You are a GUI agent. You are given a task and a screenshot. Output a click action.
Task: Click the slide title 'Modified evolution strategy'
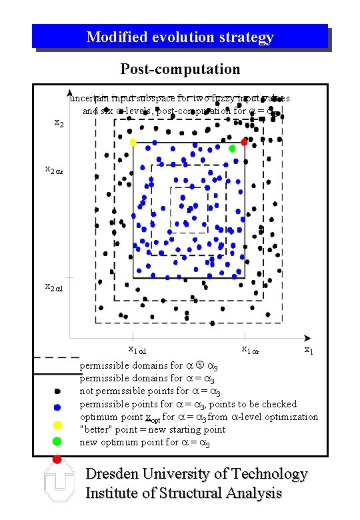180,37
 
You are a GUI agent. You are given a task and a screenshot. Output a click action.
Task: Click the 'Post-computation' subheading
180,69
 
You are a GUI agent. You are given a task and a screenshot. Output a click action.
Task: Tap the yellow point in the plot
133,142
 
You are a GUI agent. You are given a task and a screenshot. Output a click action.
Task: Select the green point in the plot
232,148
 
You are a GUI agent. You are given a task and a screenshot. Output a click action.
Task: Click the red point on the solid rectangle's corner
244,142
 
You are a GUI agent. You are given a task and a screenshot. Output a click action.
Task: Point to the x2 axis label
59,123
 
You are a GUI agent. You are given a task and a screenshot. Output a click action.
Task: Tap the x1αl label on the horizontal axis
137,349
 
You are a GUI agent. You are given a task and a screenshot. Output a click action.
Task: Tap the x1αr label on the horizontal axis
251,349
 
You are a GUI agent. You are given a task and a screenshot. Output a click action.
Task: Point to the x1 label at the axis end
309,349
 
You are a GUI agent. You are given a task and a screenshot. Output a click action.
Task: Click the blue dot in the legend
57,407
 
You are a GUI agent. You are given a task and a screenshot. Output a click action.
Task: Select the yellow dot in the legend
57,425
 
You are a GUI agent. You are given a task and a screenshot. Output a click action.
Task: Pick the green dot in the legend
57,441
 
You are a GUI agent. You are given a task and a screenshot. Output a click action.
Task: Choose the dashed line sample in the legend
56,358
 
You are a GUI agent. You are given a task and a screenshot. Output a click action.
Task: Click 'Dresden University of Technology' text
197,474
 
